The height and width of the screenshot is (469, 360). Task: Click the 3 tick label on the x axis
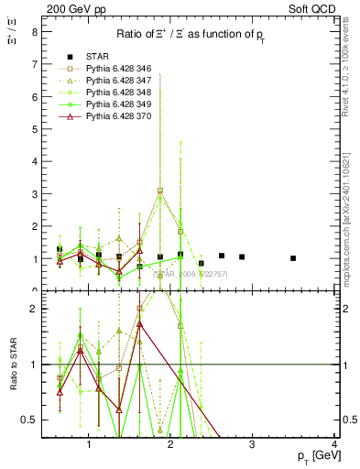253,446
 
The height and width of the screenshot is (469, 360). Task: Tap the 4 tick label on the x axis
334,446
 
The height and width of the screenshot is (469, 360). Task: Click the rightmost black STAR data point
293,258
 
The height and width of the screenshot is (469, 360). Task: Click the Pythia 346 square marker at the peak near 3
160,191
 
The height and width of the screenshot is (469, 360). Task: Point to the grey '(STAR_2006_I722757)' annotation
190,274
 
